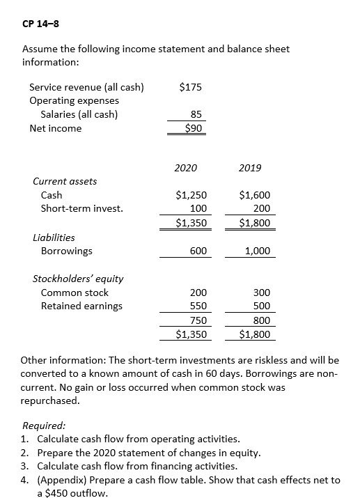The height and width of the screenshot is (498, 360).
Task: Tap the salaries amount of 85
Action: tap(196, 115)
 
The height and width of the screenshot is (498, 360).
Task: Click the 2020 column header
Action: tap(185, 168)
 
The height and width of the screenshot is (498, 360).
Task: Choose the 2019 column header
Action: tap(249, 168)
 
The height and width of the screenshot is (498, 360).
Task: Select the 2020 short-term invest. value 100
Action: tap(198, 208)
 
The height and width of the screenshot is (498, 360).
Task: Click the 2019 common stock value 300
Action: tap(262, 293)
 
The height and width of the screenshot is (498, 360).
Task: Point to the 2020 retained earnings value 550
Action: tap(198, 306)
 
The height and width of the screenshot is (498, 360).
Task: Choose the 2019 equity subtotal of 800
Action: tap(262, 320)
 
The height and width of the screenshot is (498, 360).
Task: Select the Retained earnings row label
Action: tap(81, 306)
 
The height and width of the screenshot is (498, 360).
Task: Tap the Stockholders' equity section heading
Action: tap(78, 279)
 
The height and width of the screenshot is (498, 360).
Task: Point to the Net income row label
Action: tap(55, 128)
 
